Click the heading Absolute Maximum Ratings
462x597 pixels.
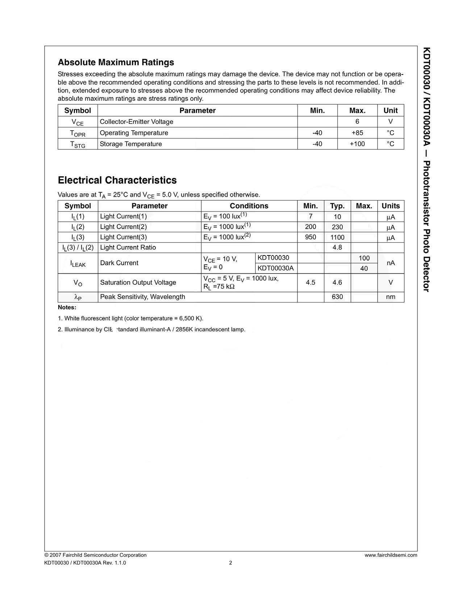point(116,62)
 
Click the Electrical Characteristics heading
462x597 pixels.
point(117,180)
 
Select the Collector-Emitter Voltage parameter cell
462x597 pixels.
point(137,122)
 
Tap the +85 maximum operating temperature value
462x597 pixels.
point(357,133)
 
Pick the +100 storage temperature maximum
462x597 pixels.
point(357,144)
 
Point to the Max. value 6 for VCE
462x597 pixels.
point(357,122)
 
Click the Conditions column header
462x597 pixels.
point(249,206)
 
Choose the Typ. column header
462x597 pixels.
point(337,206)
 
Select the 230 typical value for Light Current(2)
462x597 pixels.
point(337,227)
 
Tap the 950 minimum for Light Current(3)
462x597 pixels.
point(311,237)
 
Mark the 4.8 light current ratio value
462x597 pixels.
point(337,247)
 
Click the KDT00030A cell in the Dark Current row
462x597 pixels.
point(276,268)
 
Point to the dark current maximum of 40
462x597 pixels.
point(364,268)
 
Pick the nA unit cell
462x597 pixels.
point(391,263)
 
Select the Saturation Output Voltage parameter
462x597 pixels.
point(138,282)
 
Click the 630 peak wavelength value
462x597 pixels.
point(337,297)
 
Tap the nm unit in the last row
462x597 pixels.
point(391,297)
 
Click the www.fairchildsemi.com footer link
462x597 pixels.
point(391,555)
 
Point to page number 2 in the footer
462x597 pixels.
point(230,563)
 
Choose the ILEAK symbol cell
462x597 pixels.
point(78,263)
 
